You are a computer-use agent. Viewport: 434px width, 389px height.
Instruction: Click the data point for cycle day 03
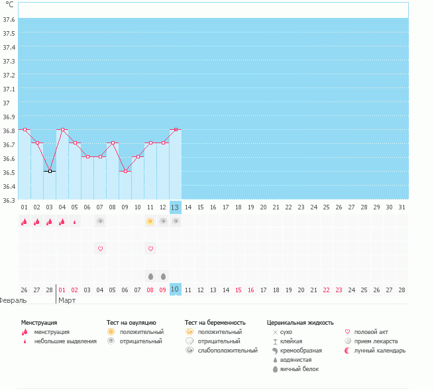[x=50, y=171]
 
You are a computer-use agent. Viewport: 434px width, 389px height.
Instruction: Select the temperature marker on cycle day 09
[x=125, y=171]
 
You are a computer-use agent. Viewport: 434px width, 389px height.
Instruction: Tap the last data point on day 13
[x=176, y=129]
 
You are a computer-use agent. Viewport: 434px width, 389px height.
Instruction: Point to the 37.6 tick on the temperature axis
[x=9, y=19]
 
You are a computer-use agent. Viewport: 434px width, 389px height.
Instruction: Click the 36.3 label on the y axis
[x=9, y=200]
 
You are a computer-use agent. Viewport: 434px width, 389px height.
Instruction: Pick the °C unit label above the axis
[x=9, y=5]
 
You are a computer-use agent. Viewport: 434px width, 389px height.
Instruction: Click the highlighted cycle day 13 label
[x=175, y=207]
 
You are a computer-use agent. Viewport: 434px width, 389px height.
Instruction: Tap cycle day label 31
[x=402, y=207]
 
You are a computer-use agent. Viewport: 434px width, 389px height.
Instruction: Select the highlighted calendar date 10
[x=175, y=290]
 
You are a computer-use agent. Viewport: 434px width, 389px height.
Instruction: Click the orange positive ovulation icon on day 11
[x=150, y=221]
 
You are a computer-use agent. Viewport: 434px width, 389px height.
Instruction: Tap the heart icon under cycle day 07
[x=100, y=249]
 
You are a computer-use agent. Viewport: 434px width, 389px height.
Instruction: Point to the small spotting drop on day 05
[x=75, y=222]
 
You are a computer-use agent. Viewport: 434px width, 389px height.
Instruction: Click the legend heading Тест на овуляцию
[x=131, y=322]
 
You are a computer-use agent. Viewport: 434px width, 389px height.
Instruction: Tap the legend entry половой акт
[x=372, y=331]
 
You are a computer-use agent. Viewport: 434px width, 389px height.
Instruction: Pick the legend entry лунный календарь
[x=380, y=350]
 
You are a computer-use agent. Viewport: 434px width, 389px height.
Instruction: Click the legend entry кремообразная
[x=301, y=350]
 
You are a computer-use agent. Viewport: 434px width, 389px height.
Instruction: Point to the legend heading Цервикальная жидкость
[x=299, y=322]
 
